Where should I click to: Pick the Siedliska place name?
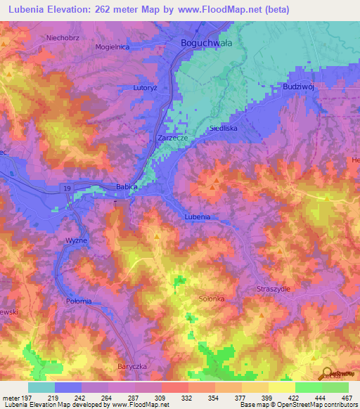point(224,129)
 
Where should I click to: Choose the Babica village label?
point(126,186)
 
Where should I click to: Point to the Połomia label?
point(79,301)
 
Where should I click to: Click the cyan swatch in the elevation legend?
point(41,387)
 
